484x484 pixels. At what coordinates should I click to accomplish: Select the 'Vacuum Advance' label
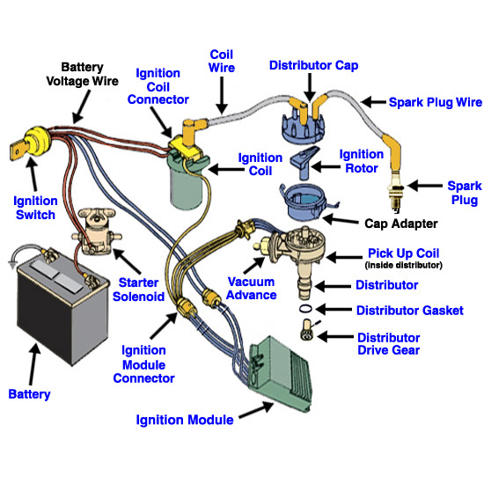(x=252, y=288)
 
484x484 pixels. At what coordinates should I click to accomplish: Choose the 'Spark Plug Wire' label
(x=435, y=102)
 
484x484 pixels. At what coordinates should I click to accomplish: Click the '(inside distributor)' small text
(x=403, y=265)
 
